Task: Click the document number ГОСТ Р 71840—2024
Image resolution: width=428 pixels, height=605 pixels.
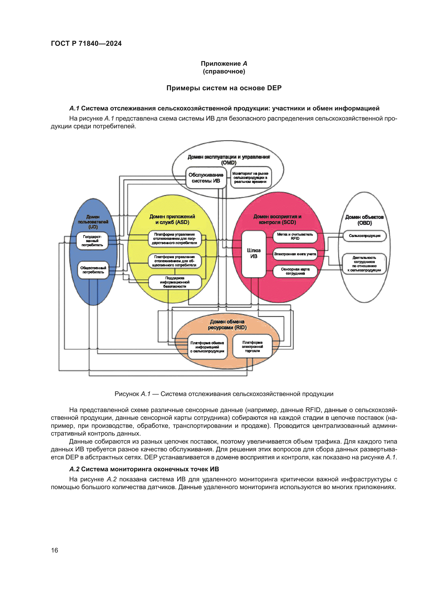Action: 86,43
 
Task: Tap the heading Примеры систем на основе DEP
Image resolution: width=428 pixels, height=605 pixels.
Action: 224,88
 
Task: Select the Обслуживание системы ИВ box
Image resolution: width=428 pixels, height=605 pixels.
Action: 206,178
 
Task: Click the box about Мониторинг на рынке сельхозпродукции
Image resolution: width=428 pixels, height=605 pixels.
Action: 250,178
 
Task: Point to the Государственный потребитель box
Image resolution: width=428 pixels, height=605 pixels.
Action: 92,241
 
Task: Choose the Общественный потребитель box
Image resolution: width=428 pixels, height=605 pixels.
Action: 93,270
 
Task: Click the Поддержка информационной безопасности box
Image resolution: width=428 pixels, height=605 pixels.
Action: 175,282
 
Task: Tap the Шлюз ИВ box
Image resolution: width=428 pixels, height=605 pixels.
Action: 254,253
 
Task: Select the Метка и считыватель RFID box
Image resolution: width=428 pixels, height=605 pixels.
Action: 295,236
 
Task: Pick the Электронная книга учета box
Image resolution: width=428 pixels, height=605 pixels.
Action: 295,254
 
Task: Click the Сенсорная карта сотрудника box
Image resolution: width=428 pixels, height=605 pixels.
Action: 295,271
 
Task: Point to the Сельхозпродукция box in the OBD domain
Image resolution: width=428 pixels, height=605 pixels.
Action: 365,236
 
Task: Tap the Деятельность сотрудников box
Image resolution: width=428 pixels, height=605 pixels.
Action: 364,264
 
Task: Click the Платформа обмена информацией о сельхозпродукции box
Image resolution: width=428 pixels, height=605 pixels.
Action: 207,347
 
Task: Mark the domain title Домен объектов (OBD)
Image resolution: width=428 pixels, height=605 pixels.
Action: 364,220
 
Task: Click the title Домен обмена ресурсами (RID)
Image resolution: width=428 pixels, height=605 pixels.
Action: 227,325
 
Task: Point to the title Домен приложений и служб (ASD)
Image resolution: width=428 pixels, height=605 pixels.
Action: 172,220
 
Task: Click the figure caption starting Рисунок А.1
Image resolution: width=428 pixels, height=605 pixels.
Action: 224,394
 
